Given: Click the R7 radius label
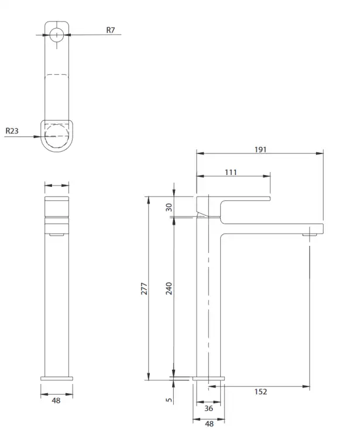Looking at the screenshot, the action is tap(111, 30).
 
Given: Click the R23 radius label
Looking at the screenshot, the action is tap(12, 131).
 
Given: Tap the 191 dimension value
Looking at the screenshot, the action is tap(260, 149).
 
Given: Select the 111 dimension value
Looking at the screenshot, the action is tap(231, 172).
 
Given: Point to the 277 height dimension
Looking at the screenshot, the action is tap(144, 289).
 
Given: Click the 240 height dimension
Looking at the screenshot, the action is tap(169, 289).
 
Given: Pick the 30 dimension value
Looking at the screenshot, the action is tap(169, 207).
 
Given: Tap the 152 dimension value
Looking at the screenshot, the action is tap(260, 392).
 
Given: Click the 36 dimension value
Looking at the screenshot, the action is tap(208, 409).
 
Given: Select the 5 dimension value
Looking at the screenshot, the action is tap(169, 400).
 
